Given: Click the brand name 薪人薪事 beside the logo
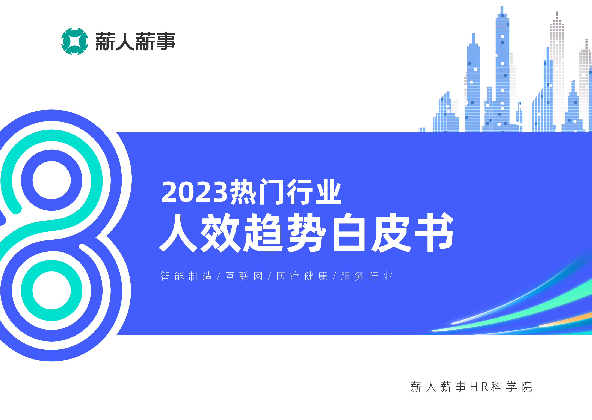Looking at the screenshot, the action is point(135,42).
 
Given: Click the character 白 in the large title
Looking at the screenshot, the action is point(349,232).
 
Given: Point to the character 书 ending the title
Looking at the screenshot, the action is point(434,232).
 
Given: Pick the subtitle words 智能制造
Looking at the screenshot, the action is point(186,276).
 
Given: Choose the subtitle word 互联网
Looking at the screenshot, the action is point(244,276).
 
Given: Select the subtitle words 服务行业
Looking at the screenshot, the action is point(367,276).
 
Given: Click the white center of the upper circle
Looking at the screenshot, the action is point(51,180).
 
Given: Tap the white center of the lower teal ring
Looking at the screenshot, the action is point(51,290).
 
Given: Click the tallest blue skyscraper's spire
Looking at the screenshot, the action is point(502,9).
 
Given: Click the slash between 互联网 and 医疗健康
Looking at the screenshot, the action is point(269,276).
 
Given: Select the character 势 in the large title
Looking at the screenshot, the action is point(307,232).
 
